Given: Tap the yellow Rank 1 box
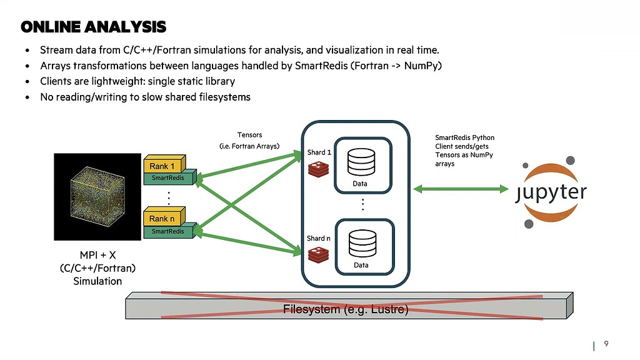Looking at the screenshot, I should [162, 166].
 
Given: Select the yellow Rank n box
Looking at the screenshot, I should [162, 219].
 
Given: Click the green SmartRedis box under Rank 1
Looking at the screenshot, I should [168, 178].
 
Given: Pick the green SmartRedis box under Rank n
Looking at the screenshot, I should [168, 231].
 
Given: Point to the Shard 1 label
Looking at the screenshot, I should [319, 152].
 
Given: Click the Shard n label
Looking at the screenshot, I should [319, 238].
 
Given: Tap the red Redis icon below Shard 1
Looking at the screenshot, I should [318, 167].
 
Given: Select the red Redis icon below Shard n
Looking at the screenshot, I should [318, 254].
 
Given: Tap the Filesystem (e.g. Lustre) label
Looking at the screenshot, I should [346, 309].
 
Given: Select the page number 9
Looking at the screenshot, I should [606, 344].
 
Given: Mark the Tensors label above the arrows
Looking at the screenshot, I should [249, 134].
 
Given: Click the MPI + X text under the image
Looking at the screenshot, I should [97, 255].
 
